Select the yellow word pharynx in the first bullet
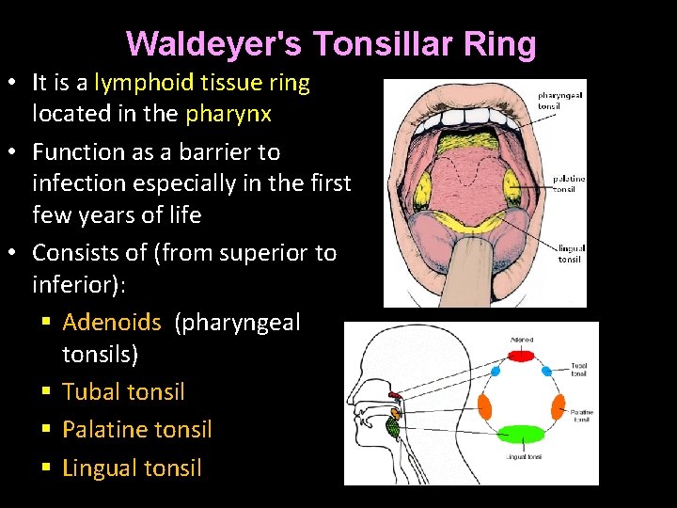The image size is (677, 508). (228, 115)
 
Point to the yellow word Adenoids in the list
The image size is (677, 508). (112, 323)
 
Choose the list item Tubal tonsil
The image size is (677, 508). (123, 391)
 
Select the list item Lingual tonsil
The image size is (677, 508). (132, 468)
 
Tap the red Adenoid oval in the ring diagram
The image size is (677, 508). (521, 355)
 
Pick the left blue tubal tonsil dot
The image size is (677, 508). (495, 372)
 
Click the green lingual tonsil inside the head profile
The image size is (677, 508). (393, 426)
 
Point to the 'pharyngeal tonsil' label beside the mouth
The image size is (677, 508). (560, 100)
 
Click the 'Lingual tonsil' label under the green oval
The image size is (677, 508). (523, 457)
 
